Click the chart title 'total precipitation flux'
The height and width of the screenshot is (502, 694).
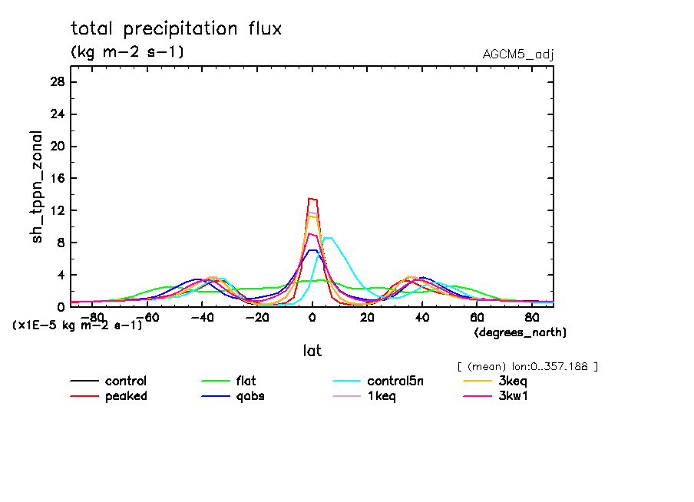tap(177, 29)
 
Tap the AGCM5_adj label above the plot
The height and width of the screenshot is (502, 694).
tap(518, 54)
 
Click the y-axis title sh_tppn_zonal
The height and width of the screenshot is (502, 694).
tap(38, 187)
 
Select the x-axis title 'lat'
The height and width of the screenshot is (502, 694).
tap(312, 351)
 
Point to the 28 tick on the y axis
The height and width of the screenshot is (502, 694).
tap(58, 82)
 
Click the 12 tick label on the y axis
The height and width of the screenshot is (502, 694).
tap(58, 210)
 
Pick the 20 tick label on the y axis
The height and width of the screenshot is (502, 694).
tap(58, 146)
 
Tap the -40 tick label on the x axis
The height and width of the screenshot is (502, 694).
tap(199, 316)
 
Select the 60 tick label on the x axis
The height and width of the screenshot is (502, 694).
tap(477, 316)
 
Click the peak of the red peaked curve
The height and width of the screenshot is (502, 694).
tap(312, 199)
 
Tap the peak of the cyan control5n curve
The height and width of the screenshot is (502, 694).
tap(328, 238)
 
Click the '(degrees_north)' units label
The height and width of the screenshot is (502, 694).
tap(520, 332)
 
